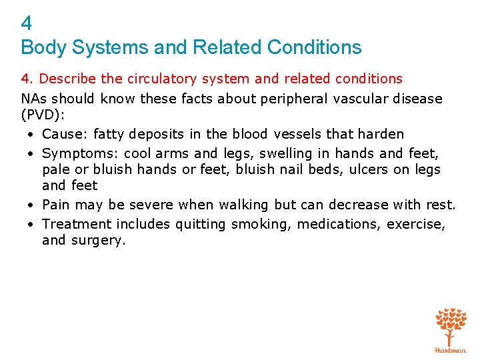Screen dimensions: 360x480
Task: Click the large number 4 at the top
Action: (27, 24)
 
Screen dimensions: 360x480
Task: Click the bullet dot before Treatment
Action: (31, 225)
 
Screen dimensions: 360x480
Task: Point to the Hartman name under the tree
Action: (451, 350)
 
